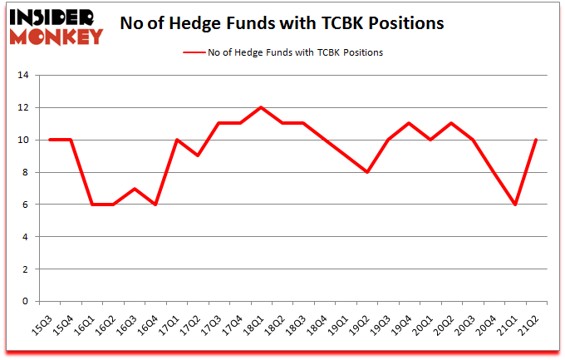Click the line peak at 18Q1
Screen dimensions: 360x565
point(262,107)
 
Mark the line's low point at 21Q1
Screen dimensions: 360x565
point(515,205)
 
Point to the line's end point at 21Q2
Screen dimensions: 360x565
point(536,140)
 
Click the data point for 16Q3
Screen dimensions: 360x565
point(135,189)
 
